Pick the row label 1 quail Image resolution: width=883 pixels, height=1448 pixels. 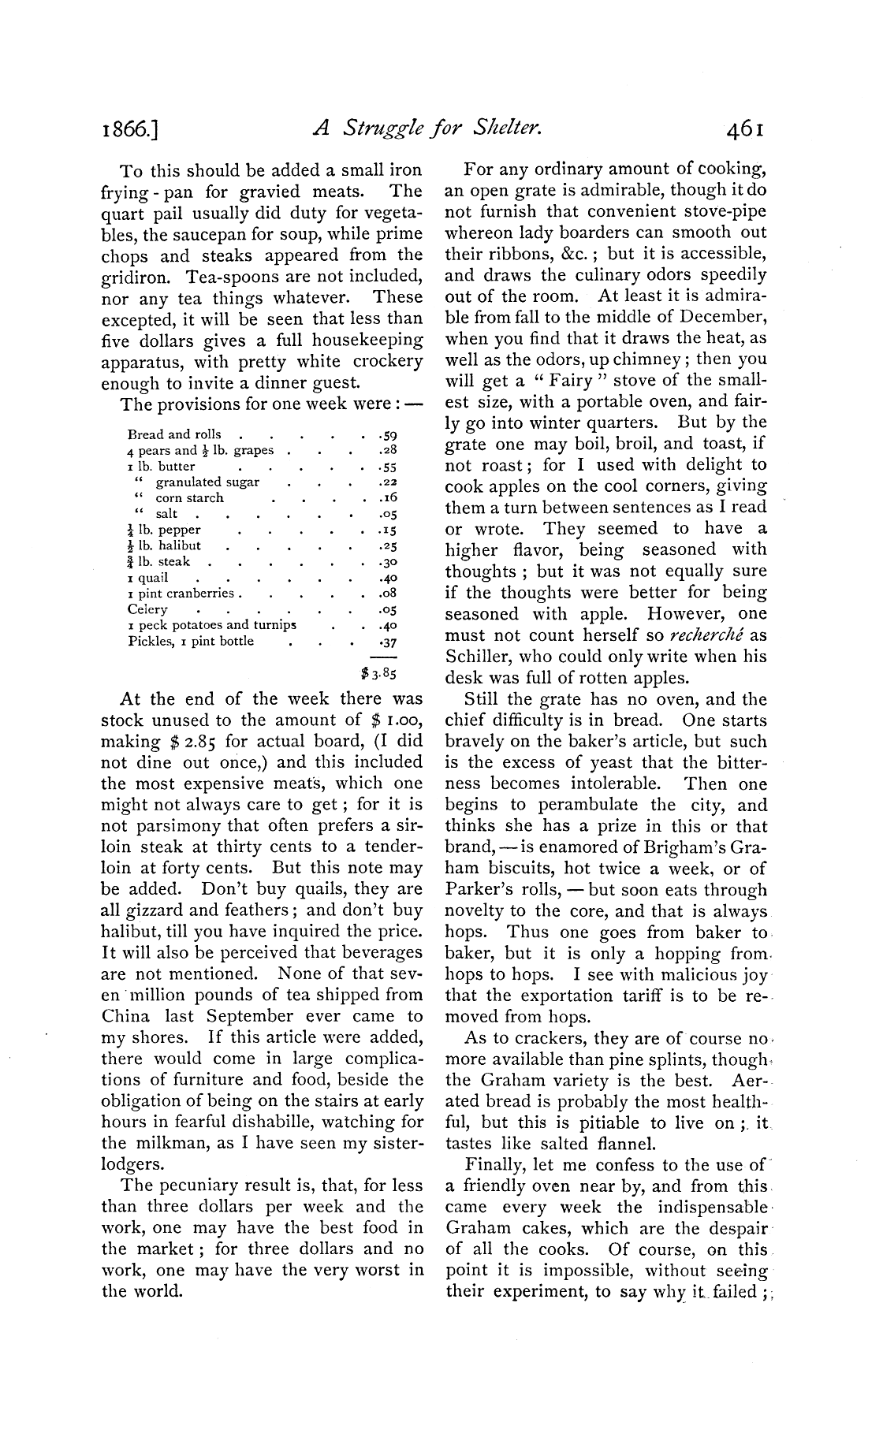tap(148, 577)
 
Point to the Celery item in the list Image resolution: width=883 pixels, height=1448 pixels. tap(147, 609)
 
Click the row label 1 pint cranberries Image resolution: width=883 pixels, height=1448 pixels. tap(181, 593)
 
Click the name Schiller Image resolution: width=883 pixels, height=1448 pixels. tap(479, 657)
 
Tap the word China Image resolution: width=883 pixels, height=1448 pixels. tap(125, 1016)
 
